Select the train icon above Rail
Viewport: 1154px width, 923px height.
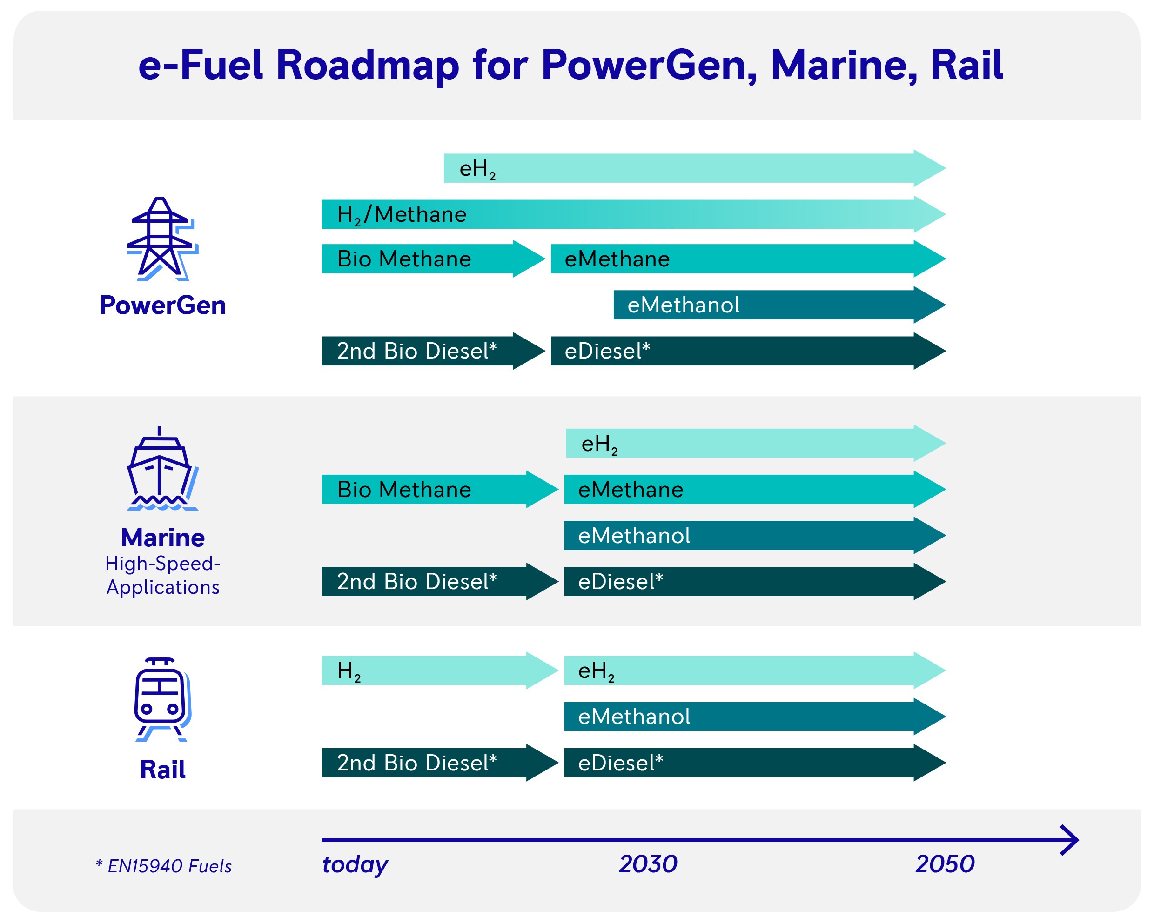(x=163, y=699)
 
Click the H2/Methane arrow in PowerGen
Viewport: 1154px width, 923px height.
(x=634, y=214)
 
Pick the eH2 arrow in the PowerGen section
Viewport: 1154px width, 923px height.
(x=695, y=168)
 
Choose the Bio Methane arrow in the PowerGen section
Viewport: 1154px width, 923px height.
(x=434, y=259)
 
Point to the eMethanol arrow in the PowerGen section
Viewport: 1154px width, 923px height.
(x=780, y=305)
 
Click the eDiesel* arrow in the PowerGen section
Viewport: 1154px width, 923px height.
(x=748, y=351)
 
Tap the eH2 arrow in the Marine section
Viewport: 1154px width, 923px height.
(x=756, y=443)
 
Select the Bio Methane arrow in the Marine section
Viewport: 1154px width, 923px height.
(x=440, y=489)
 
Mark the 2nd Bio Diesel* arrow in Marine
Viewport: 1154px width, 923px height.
(x=440, y=581)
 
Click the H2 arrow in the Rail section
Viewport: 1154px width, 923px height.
(x=440, y=671)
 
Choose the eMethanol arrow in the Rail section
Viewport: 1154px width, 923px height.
(x=755, y=717)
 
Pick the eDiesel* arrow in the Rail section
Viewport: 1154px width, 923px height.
(x=755, y=763)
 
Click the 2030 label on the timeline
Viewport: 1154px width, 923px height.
(x=648, y=864)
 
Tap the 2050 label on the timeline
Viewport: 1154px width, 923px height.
(x=945, y=864)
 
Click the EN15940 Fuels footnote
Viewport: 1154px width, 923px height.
(x=164, y=866)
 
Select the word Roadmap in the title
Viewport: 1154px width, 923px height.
(x=368, y=65)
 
